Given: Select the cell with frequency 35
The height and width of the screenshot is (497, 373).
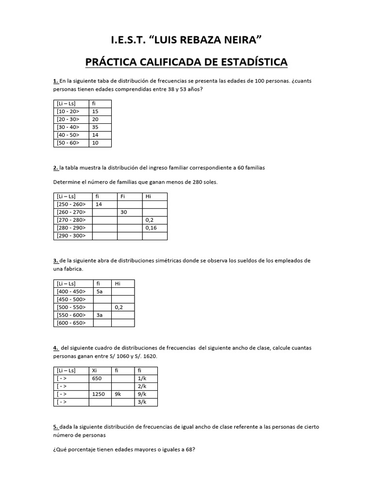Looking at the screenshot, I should point(95,127).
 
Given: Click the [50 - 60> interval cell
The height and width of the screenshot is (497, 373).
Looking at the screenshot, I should point(68,143).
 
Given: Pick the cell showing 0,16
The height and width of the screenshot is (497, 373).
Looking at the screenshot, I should point(152,228).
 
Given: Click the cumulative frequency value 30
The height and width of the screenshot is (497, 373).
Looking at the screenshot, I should point(124,212).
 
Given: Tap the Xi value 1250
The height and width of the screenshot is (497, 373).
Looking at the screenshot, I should point(99,394).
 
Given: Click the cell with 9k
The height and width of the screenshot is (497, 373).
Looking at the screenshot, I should point(118,394).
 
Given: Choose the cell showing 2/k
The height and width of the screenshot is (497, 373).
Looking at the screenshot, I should point(141,386).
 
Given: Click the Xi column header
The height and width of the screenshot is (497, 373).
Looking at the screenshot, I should point(94,370).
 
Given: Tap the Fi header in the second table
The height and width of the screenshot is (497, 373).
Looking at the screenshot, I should point(123,196).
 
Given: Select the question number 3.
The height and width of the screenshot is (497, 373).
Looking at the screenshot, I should point(55,261).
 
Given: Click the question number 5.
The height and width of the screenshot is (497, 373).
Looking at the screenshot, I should point(55,427).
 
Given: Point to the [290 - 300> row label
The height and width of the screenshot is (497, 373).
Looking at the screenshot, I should point(71,236).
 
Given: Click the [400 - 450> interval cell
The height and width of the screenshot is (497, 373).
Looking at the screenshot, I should point(71,291).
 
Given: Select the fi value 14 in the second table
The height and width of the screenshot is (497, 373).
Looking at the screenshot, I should point(99,204).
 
